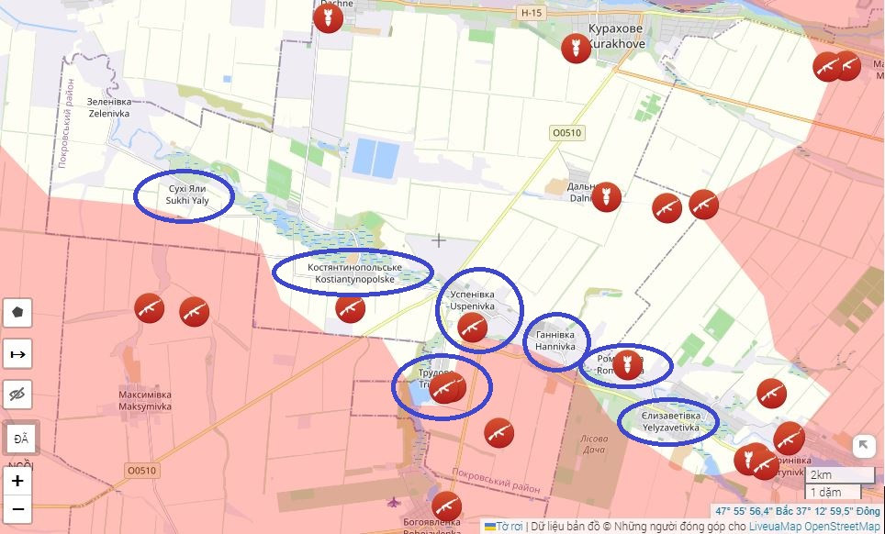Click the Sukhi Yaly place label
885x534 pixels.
(x=183, y=194)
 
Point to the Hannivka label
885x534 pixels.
(x=555, y=341)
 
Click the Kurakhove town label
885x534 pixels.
(x=616, y=35)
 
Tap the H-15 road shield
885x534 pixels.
(x=532, y=13)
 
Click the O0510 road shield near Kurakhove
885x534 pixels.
(x=566, y=133)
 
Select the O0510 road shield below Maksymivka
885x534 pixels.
(x=142, y=471)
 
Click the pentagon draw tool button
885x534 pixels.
(x=17, y=313)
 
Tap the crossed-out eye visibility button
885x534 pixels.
(x=17, y=395)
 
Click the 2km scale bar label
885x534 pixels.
(x=821, y=475)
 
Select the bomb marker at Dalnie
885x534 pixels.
(x=606, y=196)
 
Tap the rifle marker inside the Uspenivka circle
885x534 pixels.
(x=472, y=328)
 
